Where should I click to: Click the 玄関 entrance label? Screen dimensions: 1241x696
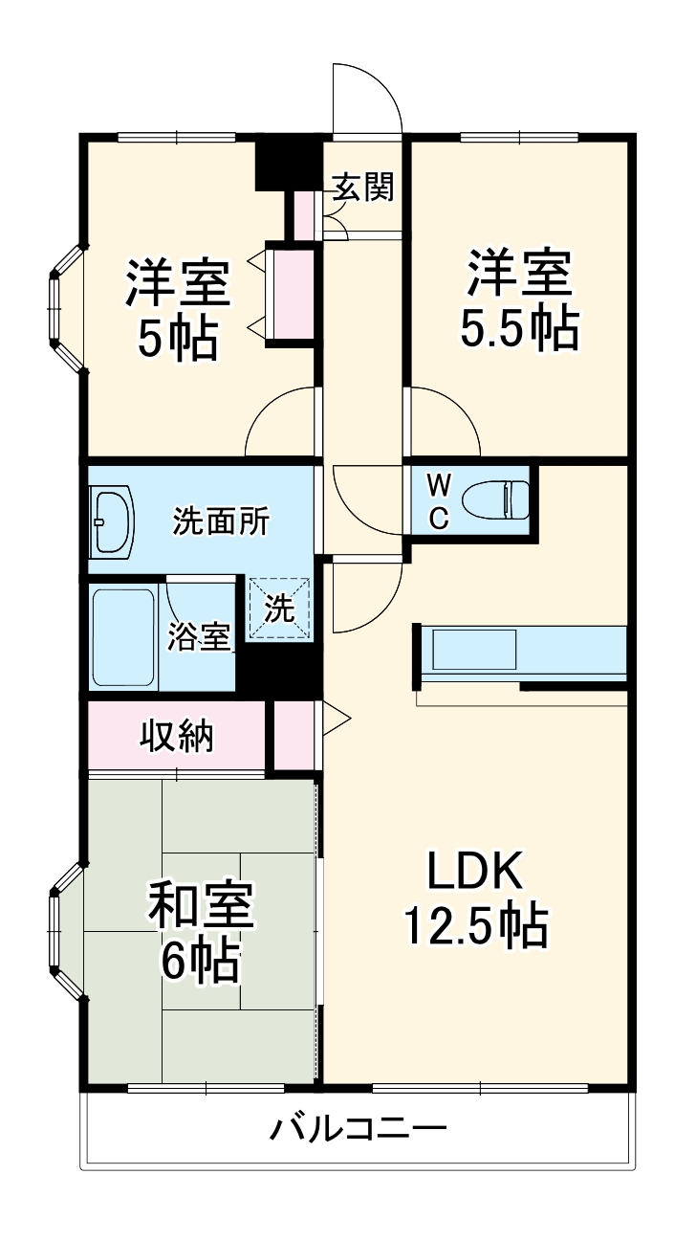click(362, 188)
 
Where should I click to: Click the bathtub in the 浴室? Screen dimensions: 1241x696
click(123, 635)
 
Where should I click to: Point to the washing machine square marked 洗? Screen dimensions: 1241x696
click(279, 609)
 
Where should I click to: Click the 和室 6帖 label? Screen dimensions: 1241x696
click(200, 933)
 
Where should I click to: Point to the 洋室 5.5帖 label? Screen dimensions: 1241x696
click(519, 300)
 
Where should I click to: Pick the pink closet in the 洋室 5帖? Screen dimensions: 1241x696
click(291, 295)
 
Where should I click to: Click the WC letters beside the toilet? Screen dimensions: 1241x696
click(437, 499)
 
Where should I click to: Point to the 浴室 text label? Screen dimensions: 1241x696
click(199, 636)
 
